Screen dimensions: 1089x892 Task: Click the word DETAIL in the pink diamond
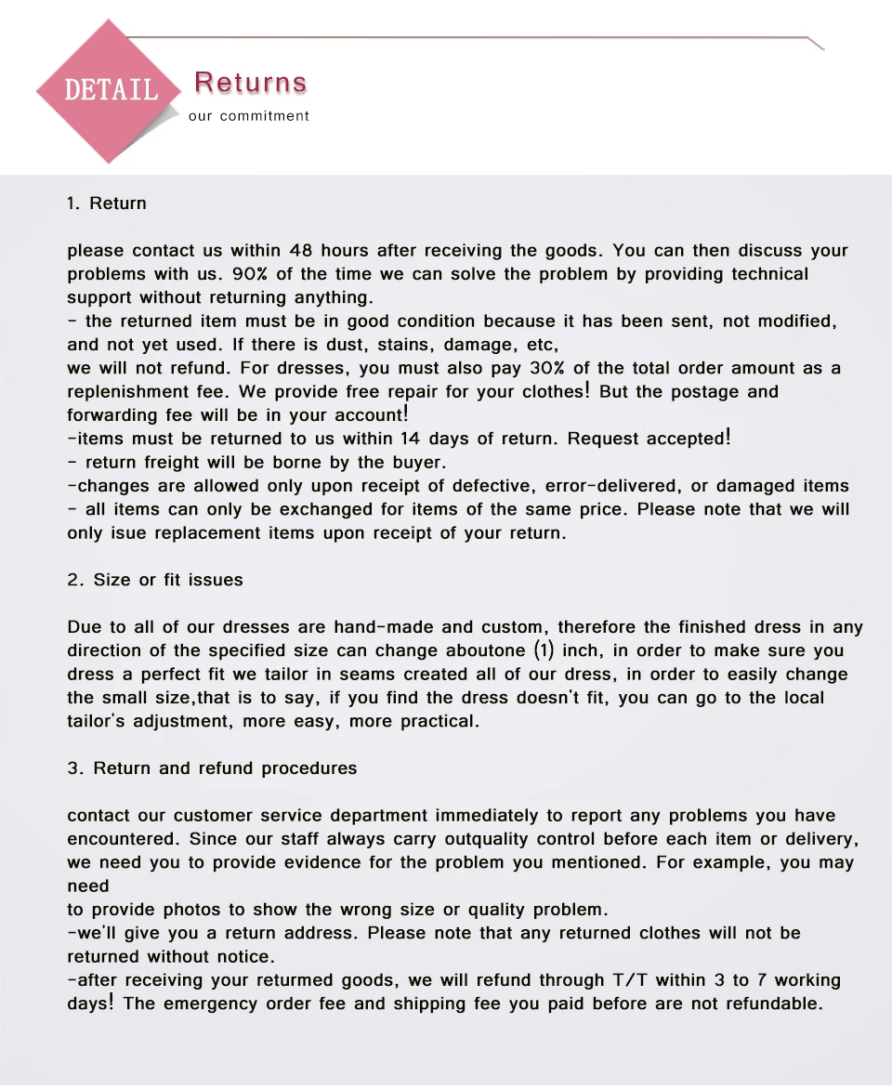(x=111, y=90)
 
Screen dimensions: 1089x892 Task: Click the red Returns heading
(x=251, y=83)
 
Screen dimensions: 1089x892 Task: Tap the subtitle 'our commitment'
(x=248, y=116)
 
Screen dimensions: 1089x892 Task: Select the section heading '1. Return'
(x=107, y=203)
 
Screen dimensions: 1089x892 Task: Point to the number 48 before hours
(x=301, y=251)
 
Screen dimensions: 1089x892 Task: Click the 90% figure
(x=250, y=274)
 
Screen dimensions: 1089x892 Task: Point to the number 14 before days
(x=411, y=439)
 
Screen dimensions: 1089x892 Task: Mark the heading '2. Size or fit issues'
(x=155, y=580)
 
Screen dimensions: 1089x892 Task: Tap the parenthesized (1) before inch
(x=543, y=650)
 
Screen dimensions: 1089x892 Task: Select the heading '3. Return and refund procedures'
(x=212, y=768)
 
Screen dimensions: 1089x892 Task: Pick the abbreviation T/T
(x=632, y=980)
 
